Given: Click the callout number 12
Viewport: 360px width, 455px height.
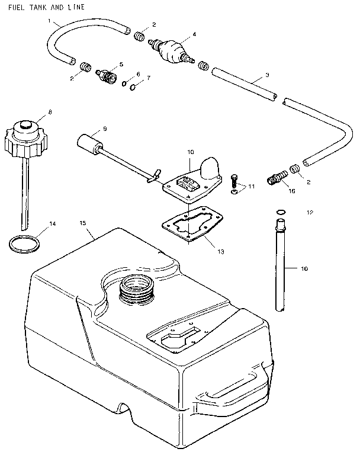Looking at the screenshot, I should tap(310, 212).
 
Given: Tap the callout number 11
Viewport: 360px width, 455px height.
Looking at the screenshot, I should tap(251, 187).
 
